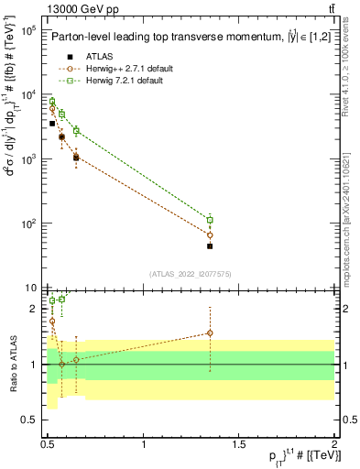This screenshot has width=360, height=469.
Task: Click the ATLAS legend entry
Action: [x=100, y=56]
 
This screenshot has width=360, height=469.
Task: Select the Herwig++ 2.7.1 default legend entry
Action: [x=123, y=68]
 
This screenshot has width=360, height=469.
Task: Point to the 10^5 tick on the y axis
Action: [x=27, y=30]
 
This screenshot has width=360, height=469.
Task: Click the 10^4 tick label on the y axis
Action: [x=27, y=95]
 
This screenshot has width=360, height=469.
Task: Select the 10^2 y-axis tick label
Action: [x=27, y=224]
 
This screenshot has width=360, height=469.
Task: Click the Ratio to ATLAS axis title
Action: [x=12, y=364]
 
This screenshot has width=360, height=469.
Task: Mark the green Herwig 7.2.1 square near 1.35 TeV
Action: [x=210, y=220]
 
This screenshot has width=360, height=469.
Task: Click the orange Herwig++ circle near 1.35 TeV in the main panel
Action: [x=210, y=234]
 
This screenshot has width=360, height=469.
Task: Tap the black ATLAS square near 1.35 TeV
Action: [x=210, y=246]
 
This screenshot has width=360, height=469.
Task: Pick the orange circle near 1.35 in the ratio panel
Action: [x=210, y=333]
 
